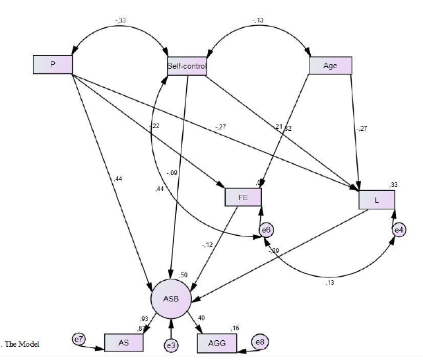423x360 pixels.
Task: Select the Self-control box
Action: coord(187,66)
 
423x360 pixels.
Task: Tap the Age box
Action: coord(330,65)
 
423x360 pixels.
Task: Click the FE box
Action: coord(243,197)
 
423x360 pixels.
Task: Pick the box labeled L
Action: coord(376,199)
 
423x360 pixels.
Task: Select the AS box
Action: coord(123,343)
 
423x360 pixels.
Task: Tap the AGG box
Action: coord(217,343)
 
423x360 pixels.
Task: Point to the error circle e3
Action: coord(172,344)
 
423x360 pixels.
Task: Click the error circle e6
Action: coord(267,229)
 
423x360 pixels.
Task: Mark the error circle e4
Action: coord(399,230)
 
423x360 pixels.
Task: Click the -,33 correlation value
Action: coord(120,20)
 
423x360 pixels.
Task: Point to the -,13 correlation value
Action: coord(259,20)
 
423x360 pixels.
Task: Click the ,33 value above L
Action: coord(393,185)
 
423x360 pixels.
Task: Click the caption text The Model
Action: coord(22,343)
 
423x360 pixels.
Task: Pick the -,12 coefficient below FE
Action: coord(209,245)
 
